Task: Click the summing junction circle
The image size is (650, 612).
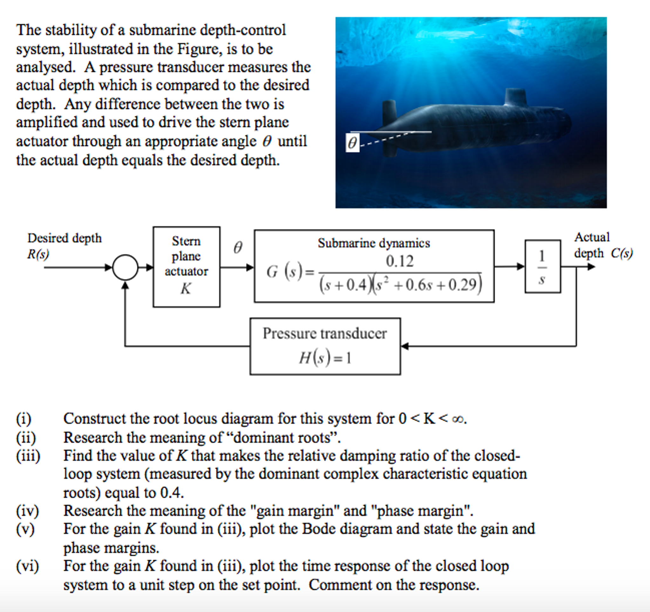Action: pos(125,267)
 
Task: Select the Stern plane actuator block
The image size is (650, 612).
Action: pos(186,267)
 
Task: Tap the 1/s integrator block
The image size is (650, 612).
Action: pos(542,266)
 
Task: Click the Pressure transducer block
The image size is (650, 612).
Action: pos(325,346)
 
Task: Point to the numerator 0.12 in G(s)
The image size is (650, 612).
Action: pos(400,261)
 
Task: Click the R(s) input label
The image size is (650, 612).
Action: pos(38,254)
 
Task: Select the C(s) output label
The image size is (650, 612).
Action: pos(621,253)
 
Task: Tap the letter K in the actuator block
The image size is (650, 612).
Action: pos(186,288)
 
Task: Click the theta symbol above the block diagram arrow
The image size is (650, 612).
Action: pos(238,247)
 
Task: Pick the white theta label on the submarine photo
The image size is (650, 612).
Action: pos(352,143)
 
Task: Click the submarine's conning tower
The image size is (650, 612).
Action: pos(515,97)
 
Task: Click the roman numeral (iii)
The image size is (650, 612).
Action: pos(28,456)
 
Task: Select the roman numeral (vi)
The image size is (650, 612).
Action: pos(27,566)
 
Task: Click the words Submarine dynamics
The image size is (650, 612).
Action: pos(374,243)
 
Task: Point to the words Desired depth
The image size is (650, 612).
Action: pos(64,238)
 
